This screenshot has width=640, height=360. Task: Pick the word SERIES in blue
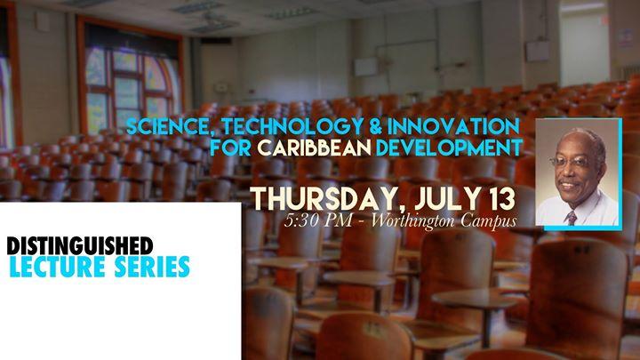pyautogui.click(x=148, y=266)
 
